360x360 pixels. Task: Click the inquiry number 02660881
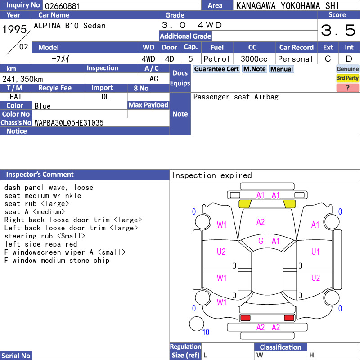pos(63,6)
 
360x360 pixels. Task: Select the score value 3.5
pos(338,30)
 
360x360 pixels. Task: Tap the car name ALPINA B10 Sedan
pos(70,26)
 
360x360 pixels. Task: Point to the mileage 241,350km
pos(22,79)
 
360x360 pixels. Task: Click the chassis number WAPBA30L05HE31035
pos(69,122)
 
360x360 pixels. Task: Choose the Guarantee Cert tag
pos(216,69)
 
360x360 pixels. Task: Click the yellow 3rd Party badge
pos(347,78)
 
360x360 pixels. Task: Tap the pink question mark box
pos(347,88)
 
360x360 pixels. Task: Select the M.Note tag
pos(255,69)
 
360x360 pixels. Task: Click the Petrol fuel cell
pos(217,59)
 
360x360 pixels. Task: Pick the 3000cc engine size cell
pos(254,59)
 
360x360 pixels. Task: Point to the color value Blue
pos(42,106)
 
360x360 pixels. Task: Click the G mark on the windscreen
pos(261,241)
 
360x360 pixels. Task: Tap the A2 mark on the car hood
pos(261,222)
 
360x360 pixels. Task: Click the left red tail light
pos(245,318)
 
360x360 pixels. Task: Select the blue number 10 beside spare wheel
pos(206,332)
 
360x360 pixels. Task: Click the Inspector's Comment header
pos(40,175)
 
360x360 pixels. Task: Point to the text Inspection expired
pos(211,175)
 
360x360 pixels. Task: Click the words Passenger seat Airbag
pos(236,97)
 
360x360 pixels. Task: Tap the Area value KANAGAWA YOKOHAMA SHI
pos(288,6)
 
